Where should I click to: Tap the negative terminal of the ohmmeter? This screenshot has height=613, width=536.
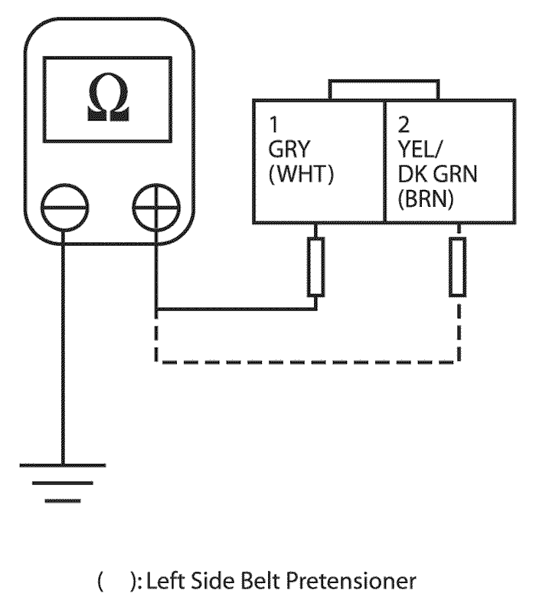coord(64,206)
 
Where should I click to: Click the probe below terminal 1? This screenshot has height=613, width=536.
coord(315,266)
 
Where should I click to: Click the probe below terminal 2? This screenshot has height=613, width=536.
coord(458,266)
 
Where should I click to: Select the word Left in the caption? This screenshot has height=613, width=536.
coord(169,582)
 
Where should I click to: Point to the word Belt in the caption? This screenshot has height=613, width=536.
coord(278,582)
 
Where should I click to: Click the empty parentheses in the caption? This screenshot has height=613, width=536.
coord(116,582)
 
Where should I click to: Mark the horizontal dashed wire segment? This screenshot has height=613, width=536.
coord(306,361)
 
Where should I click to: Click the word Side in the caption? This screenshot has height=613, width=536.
coord(224,582)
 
